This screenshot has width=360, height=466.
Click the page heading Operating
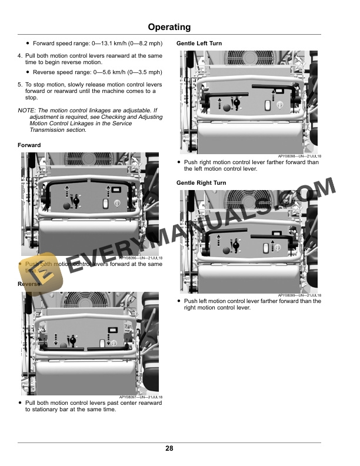pyautogui.click(x=169, y=27)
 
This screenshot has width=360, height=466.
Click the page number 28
pyautogui.click(x=169, y=449)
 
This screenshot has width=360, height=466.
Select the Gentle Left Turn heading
pyautogui.click(x=199, y=44)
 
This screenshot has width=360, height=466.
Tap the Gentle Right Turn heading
pyautogui.click(x=201, y=183)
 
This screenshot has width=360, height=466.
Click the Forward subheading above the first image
pyautogui.click(x=29, y=145)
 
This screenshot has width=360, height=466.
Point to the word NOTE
pyautogui.click(x=26, y=110)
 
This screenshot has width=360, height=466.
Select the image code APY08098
pyautogui.click(x=289, y=156)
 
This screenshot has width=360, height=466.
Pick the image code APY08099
pyautogui.click(x=289, y=295)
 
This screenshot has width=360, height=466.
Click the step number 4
pyautogui.click(x=19, y=56)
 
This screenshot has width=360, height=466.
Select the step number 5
pyautogui.click(x=19, y=85)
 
